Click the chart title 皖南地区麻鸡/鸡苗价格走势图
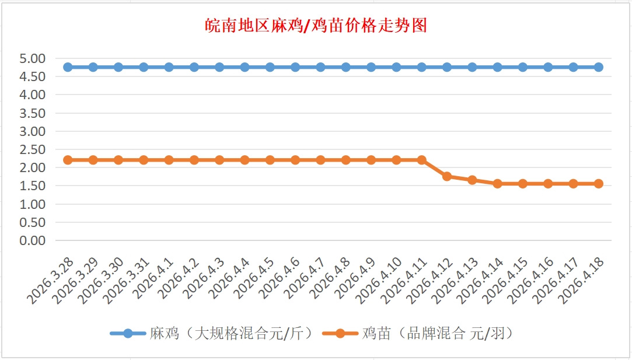click(316, 26)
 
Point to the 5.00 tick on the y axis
click(32, 58)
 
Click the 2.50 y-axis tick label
click(32, 149)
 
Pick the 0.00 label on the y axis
click(32, 240)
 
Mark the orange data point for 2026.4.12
click(447, 176)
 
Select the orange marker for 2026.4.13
click(472, 180)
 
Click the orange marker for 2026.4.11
click(422, 160)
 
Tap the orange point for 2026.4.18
click(599, 184)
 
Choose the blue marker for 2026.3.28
click(68, 67)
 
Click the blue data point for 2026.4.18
click(599, 67)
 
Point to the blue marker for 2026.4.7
click(320, 67)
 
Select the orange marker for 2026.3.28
click(68, 160)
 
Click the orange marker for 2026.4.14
click(498, 184)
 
